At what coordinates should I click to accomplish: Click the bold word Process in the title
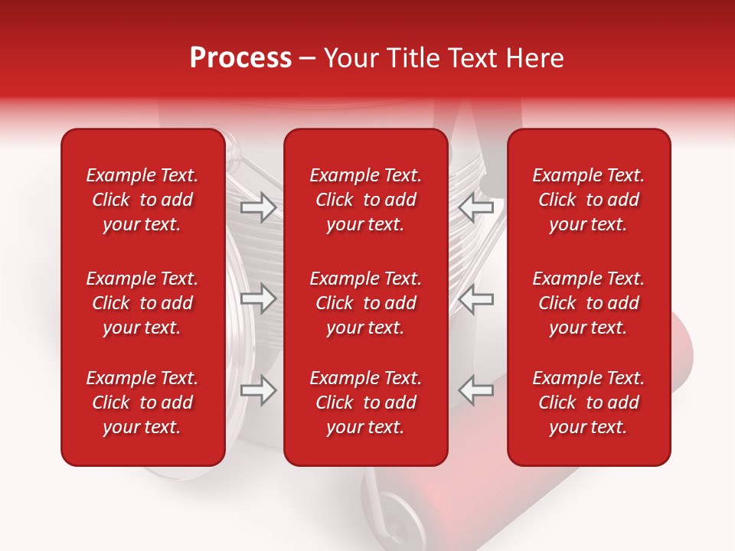pyautogui.click(x=240, y=58)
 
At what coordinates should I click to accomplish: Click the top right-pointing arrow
pyautogui.click(x=259, y=207)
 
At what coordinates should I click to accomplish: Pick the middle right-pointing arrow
pyautogui.click(x=259, y=298)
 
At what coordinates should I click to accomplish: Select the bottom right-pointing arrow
pyautogui.click(x=259, y=390)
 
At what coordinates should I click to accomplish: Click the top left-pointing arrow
pyautogui.click(x=475, y=207)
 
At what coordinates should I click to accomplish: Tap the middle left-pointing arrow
pyautogui.click(x=475, y=298)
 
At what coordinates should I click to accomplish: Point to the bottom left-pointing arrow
pyautogui.click(x=475, y=390)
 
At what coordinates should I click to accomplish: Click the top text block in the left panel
pyautogui.click(x=142, y=200)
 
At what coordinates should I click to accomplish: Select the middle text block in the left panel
pyautogui.click(x=142, y=303)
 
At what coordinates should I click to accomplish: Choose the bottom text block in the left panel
pyautogui.click(x=142, y=403)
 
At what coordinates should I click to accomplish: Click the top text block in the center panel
pyautogui.click(x=365, y=200)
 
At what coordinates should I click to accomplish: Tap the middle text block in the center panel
pyautogui.click(x=365, y=303)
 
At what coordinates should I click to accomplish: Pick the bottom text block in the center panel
pyautogui.click(x=365, y=403)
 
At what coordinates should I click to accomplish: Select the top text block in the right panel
pyautogui.click(x=588, y=200)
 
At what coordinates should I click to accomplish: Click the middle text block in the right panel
pyautogui.click(x=588, y=303)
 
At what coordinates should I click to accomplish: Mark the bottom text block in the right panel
pyautogui.click(x=588, y=403)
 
